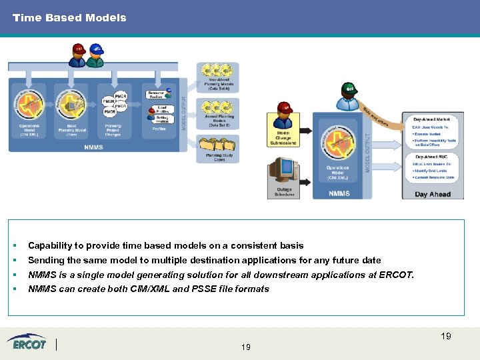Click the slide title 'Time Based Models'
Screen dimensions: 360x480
tap(69, 18)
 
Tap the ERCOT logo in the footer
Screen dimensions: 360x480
tap(27, 343)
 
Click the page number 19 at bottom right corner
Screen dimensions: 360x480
tap(445, 336)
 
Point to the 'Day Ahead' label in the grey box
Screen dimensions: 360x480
tap(433, 194)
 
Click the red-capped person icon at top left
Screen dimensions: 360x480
tap(79, 55)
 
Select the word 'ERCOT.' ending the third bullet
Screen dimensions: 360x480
tap(397, 275)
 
